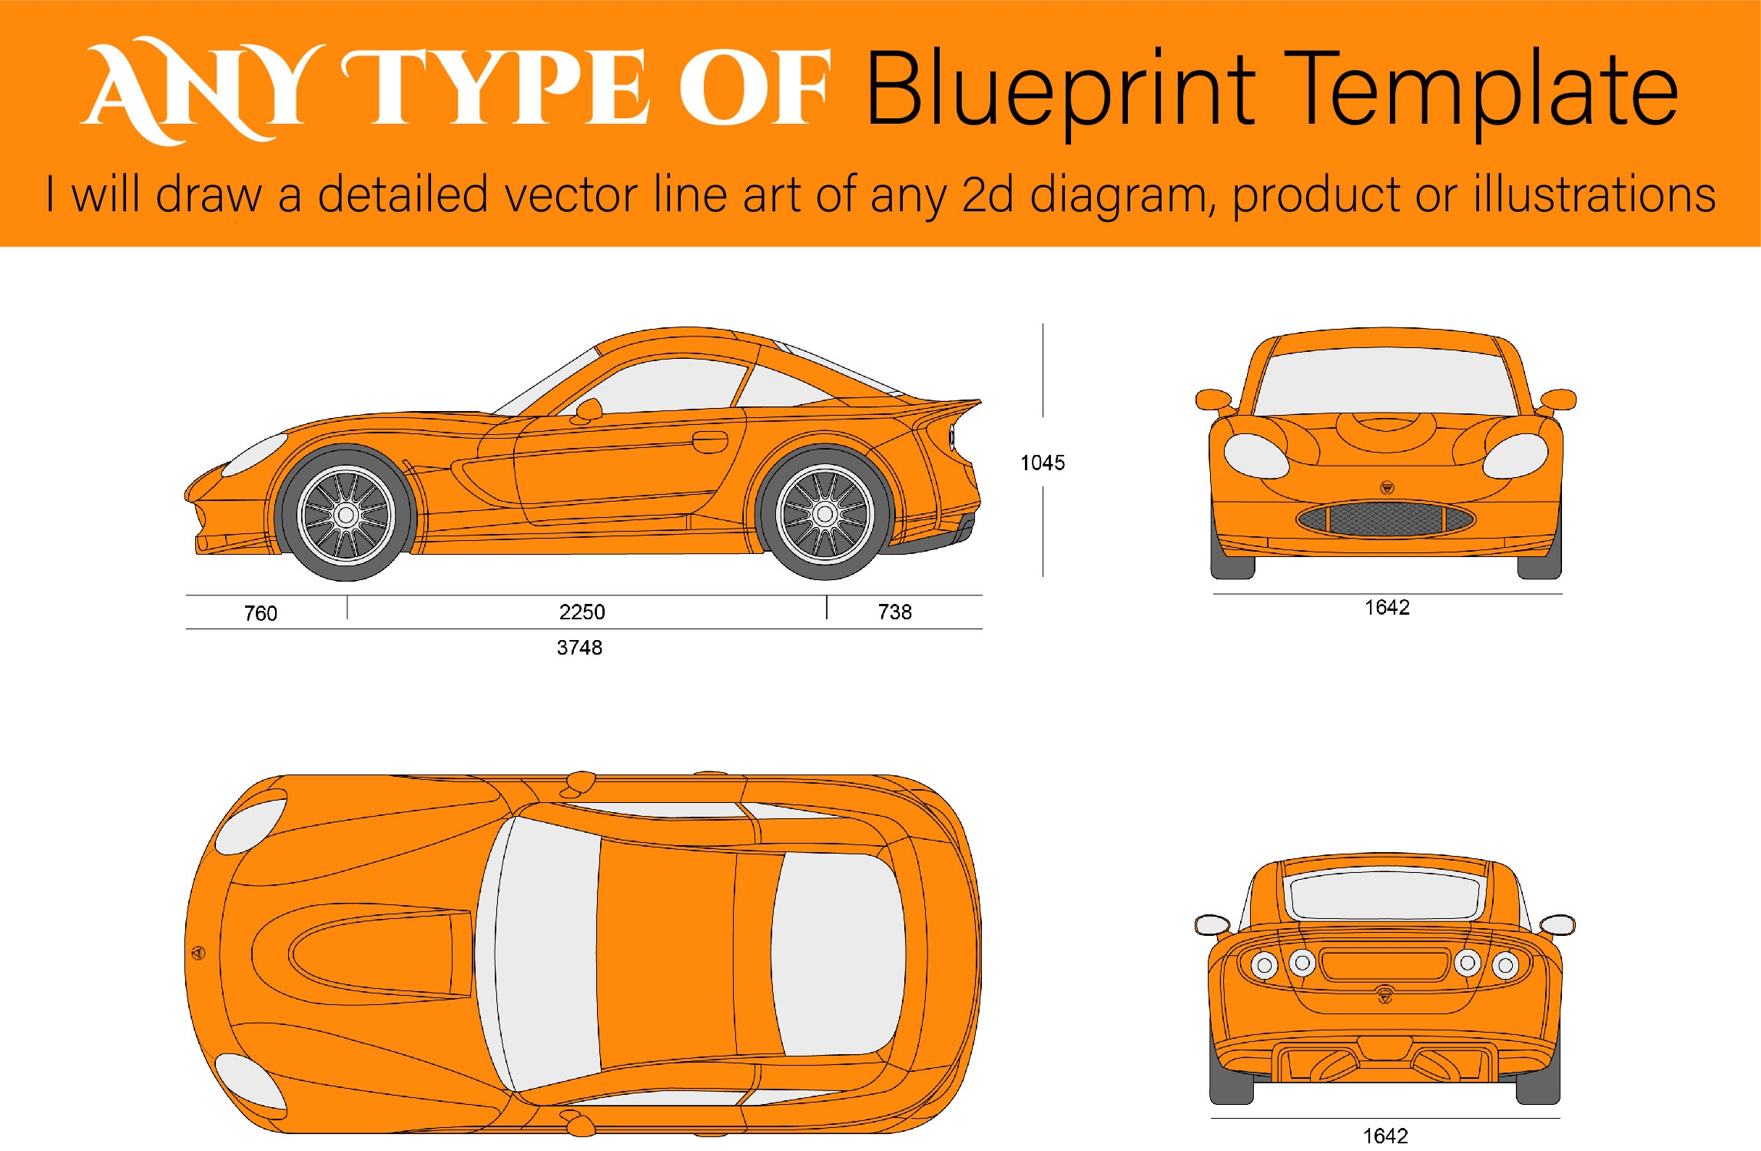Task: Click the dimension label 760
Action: click(260, 613)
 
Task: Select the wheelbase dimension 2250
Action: click(582, 612)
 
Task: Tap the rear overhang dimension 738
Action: click(894, 612)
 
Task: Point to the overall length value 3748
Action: click(579, 648)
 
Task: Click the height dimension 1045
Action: click(1042, 463)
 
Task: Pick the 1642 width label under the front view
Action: click(1387, 608)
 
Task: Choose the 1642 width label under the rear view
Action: click(1385, 1136)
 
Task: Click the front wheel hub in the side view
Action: click(347, 516)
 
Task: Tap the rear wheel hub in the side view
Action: click(825, 514)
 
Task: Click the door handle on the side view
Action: click(710, 442)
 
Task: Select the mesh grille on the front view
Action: click(1385, 519)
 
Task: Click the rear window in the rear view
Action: click(1385, 895)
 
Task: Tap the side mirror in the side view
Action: click(589, 410)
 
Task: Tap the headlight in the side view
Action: click(257, 454)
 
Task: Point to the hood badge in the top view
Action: click(198, 954)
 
